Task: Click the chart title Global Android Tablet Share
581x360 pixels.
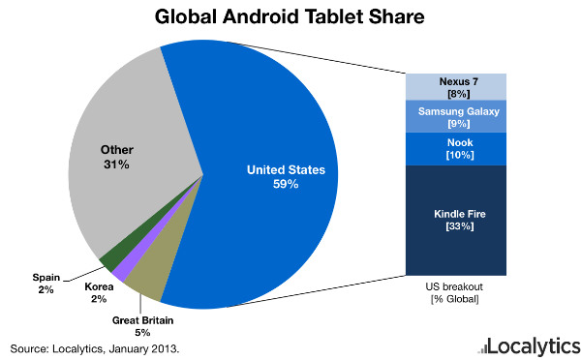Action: [x=290, y=16]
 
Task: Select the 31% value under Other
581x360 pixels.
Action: [x=117, y=165]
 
